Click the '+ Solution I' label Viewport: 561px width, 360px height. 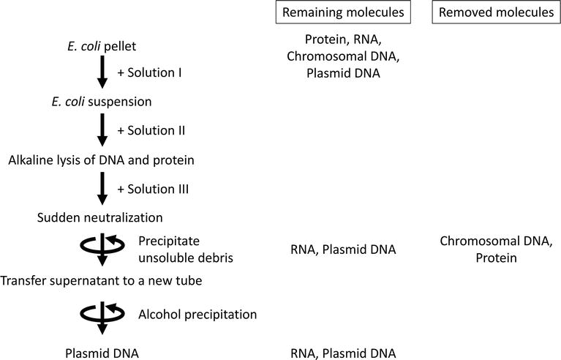(149, 73)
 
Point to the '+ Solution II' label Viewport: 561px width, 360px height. (151, 131)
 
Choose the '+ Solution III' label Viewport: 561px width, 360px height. (153, 189)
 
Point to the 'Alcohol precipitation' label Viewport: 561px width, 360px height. (197, 315)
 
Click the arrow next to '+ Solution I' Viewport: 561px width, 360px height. (103, 73)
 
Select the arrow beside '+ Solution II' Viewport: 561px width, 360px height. (103, 131)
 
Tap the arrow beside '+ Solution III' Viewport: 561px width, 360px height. (103, 189)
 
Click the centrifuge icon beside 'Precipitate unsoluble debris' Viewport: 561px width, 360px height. (103, 249)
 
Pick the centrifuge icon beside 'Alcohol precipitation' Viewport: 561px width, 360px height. (103, 315)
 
